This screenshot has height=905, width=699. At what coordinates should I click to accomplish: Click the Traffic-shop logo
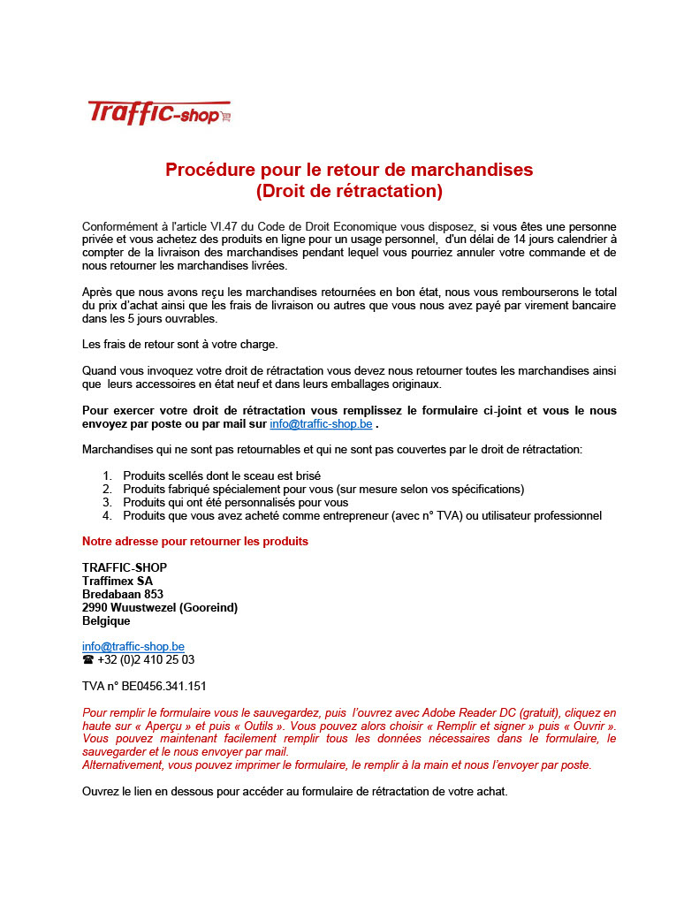(x=159, y=112)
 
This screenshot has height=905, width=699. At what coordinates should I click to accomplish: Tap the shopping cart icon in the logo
(x=226, y=116)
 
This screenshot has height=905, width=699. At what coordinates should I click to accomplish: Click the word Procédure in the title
(x=209, y=170)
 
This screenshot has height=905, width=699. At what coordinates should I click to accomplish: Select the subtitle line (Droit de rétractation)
(x=349, y=191)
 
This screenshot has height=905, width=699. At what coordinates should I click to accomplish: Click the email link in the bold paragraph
(x=321, y=423)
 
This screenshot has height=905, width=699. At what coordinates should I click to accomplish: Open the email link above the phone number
(x=133, y=646)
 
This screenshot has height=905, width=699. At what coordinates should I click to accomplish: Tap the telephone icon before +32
(x=87, y=659)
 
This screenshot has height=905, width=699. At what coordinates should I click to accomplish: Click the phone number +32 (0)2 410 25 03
(x=146, y=659)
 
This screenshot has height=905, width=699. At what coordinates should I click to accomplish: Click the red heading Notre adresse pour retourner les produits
(x=195, y=541)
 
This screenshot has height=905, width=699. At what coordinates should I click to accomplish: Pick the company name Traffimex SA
(x=117, y=581)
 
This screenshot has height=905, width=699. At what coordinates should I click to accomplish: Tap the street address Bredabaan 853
(x=123, y=594)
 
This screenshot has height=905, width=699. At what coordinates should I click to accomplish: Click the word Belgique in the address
(x=106, y=620)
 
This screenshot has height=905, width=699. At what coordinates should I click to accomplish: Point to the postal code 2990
(x=95, y=607)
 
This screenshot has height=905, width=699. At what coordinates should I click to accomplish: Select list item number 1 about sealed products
(x=221, y=475)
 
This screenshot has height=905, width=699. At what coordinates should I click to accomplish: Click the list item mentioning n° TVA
(x=362, y=515)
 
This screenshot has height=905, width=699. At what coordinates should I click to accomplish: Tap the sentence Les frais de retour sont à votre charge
(x=179, y=344)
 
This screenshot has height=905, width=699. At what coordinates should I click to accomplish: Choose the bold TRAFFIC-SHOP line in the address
(x=125, y=567)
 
